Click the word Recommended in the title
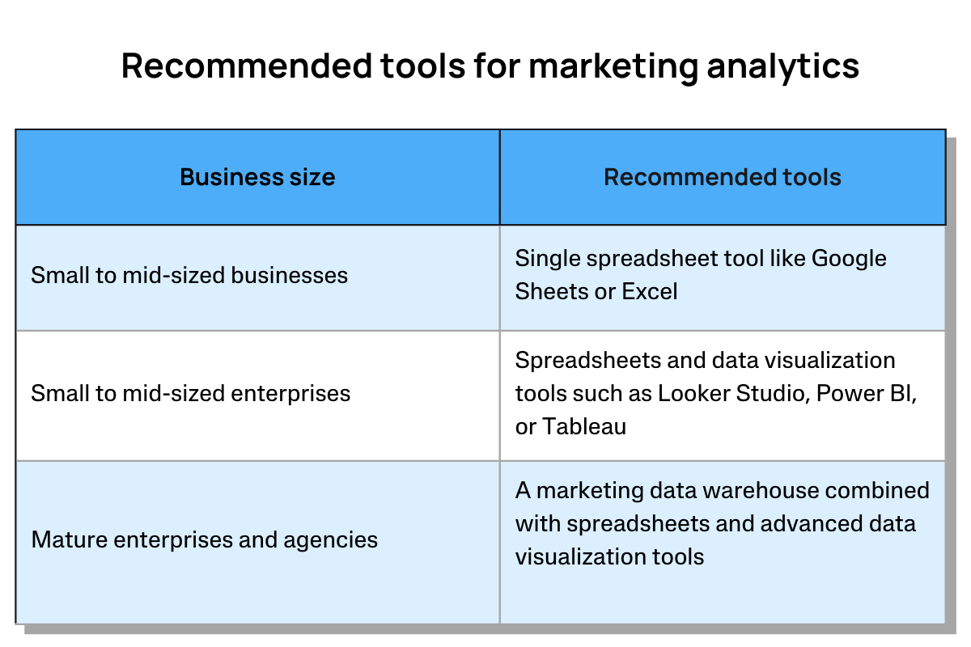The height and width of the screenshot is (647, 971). [x=247, y=66]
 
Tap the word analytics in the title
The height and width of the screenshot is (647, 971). [x=783, y=68]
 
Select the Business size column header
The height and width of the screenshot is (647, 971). [x=257, y=177]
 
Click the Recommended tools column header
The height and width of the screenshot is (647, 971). [x=723, y=177]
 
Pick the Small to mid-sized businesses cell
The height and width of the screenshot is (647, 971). [x=257, y=277]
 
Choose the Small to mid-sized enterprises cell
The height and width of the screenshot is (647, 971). [x=257, y=395]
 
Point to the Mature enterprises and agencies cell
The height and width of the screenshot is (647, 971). [x=257, y=542]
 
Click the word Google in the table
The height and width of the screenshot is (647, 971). [x=849, y=259]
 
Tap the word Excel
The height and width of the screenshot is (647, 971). [x=649, y=291]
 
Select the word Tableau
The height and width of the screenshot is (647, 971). [x=584, y=426]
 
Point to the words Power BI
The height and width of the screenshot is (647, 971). [x=866, y=394]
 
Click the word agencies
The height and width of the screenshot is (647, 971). [x=330, y=541]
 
